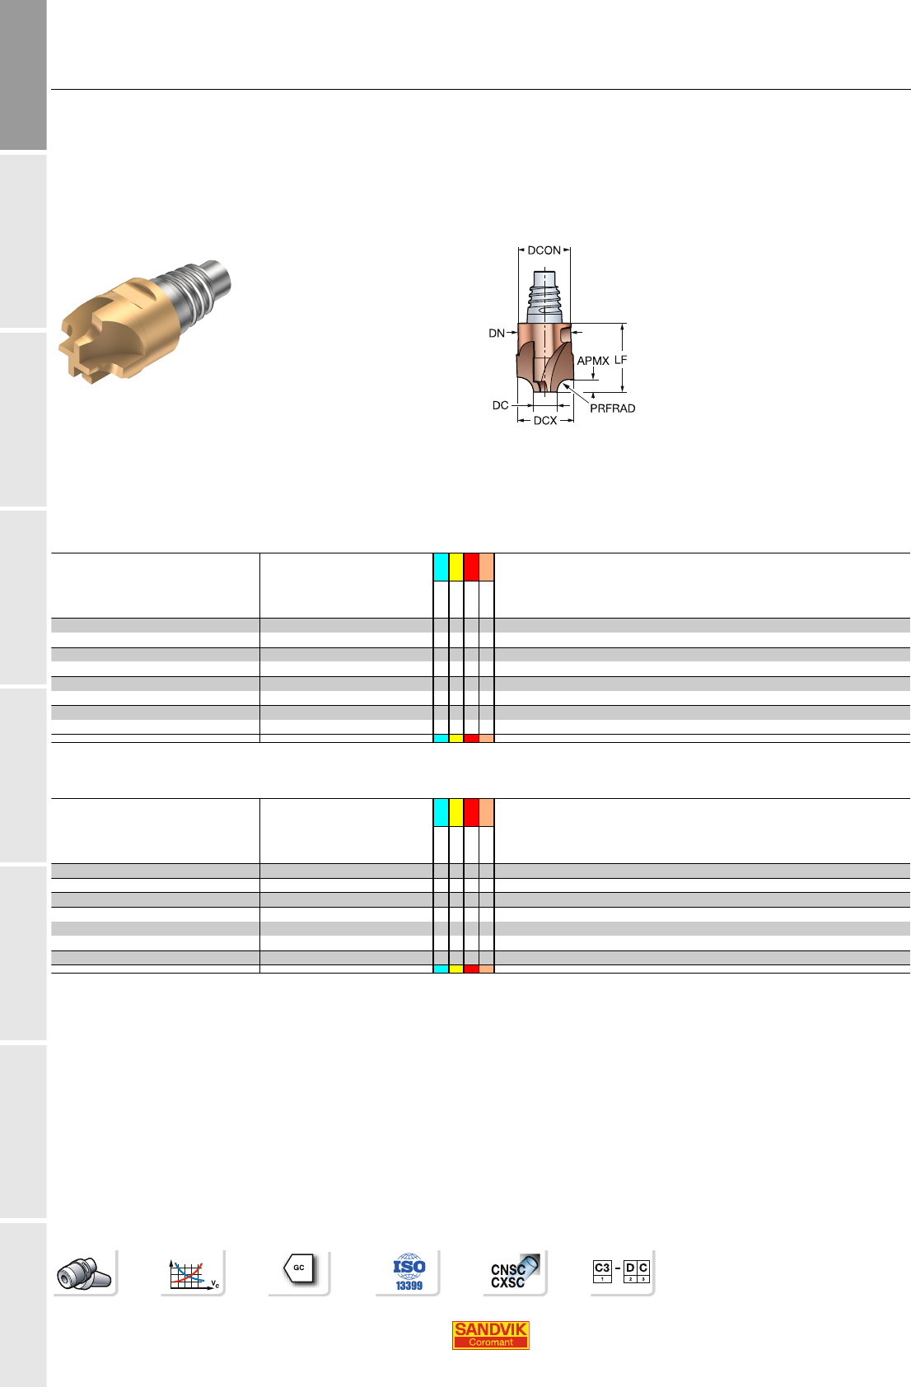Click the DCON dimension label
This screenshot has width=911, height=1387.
click(544, 250)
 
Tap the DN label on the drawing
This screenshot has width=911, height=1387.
click(496, 333)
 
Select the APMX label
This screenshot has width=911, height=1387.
click(593, 361)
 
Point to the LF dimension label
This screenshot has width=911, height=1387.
click(620, 360)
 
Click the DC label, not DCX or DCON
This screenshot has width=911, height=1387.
click(500, 405)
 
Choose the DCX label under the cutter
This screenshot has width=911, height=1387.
click(545, 420)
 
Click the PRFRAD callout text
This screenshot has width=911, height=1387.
click(612, 409)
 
